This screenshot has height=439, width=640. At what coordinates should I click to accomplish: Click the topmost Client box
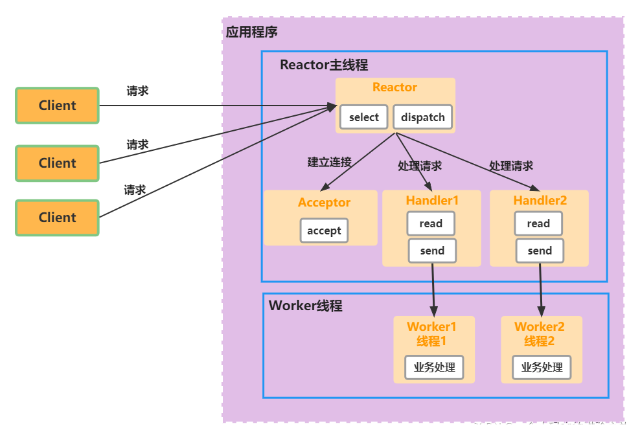click(57, 106)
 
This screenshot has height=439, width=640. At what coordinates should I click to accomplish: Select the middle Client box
click(57, 163)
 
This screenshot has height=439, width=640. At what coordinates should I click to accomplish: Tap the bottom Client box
click(57, 218)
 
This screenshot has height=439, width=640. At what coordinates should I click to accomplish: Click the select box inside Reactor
click(363, 117)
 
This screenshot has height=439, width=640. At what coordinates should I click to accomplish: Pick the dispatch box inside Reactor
click(422, 117)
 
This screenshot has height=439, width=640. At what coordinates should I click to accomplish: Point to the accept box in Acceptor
click(324, 231)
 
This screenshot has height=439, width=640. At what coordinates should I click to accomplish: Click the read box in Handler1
click(431, 223)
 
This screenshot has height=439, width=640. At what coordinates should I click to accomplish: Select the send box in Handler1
click(432, 251)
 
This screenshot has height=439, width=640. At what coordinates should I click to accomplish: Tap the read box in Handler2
click(538, 223)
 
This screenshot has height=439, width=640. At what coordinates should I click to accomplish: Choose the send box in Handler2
click(540, 251)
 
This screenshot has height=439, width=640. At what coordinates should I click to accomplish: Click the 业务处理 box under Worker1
click(434, 367)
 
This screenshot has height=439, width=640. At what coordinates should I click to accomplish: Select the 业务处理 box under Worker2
click(542, 367)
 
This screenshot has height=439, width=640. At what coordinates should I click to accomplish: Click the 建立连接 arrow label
click(329, 162)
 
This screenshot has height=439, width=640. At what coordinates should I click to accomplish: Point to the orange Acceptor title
click(324, 203)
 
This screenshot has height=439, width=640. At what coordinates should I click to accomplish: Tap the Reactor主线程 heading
click(324, 65)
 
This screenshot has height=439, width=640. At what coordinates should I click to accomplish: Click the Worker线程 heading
click(305, 306)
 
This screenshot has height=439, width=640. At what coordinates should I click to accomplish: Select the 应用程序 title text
click(252, 32)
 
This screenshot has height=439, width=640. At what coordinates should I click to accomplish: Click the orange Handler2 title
click(540, 201)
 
